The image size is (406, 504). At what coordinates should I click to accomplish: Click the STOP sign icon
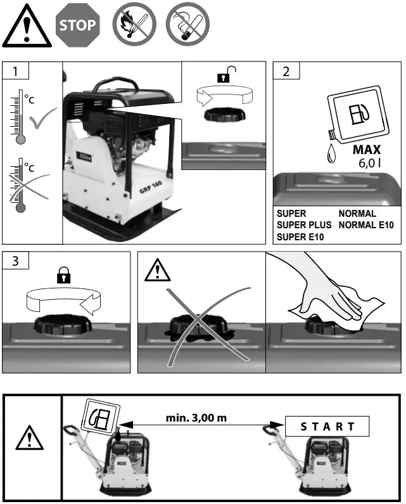(x=79, y=25)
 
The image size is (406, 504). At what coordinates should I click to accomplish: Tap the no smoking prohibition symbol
(x=187, y=26)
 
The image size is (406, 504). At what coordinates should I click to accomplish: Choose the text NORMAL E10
(x=366, y=225)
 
